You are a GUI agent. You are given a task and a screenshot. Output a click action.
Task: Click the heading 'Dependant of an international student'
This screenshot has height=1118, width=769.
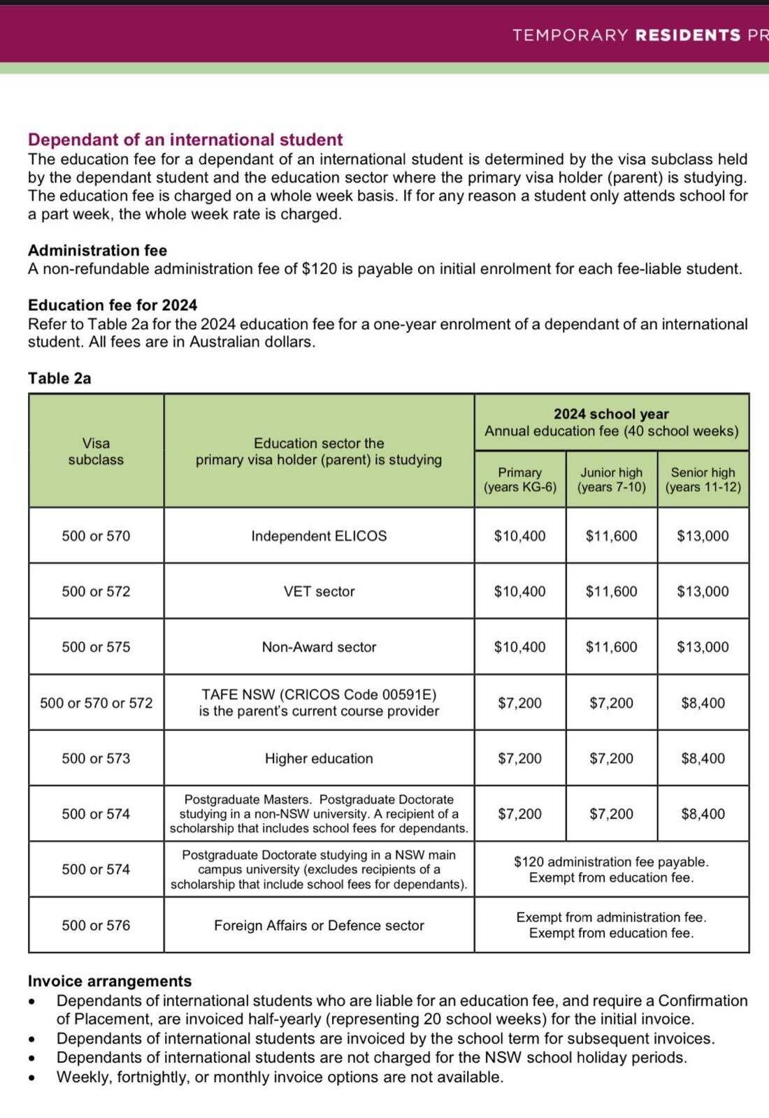[185, 140]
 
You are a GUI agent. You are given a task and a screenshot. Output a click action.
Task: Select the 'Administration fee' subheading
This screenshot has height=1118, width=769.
[97, 250]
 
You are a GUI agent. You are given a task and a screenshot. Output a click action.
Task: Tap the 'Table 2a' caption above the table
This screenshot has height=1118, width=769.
[59, 378]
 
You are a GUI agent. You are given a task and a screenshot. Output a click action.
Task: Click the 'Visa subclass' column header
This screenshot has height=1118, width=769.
[96, 451]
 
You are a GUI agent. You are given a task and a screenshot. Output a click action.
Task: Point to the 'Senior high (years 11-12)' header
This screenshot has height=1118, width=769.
[703, 480]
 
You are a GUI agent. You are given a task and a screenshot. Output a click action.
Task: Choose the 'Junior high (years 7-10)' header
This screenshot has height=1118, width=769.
[611, 480]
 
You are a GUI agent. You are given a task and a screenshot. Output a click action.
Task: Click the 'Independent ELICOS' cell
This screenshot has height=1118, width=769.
[319, 536]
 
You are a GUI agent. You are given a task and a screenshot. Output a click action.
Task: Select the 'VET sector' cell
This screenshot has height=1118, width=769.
[319, 591]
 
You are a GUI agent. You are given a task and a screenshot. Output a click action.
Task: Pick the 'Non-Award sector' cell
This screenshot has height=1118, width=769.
[319, 647]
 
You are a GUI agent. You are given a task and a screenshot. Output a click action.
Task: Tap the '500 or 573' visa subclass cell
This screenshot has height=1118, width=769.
[96, 758]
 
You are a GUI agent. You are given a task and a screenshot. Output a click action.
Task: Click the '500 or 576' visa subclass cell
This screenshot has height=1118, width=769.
[96, 925]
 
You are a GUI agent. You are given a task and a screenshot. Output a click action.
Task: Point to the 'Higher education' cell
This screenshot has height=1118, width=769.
[319, 758]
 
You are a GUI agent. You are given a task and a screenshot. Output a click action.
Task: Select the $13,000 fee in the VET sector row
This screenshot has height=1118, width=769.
[703, 591]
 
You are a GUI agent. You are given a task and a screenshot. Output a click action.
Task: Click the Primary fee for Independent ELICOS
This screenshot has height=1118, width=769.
[519, 536]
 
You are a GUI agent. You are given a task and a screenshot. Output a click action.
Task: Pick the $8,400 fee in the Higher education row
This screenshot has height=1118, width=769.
[703, 758]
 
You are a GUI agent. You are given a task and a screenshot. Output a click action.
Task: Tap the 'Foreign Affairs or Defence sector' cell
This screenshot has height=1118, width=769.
[319, 925]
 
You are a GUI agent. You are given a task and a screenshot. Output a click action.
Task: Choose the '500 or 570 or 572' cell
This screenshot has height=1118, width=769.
[96, 703]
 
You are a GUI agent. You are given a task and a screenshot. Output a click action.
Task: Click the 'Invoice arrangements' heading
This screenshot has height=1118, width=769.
[110, 981]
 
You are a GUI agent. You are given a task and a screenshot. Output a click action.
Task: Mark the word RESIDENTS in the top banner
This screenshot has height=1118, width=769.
[688, 35]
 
